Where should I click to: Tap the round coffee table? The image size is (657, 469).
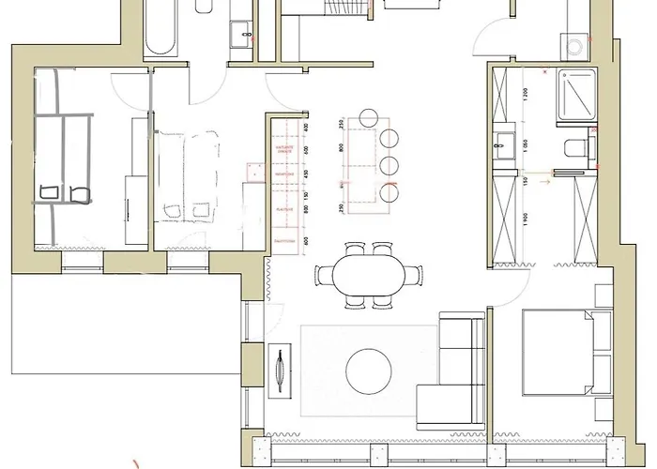coord(366,371)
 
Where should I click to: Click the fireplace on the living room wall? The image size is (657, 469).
coord(279,368)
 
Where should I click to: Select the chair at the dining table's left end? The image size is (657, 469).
coord(321,276)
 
